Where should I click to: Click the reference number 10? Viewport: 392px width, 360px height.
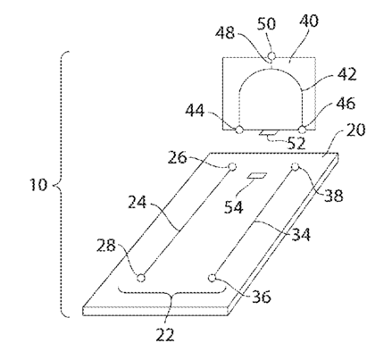(x=38, y=185)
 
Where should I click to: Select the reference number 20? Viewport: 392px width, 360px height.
(x=355, y=130)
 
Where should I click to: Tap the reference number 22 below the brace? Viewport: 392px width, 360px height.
(x=165, y=334)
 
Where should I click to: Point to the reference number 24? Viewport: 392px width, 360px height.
(x=138, y=202)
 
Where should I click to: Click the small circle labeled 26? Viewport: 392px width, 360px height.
(x=232, y=167)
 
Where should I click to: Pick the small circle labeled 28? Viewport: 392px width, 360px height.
(x=141, y=278)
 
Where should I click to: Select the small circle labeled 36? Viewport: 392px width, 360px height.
(x=212, y=278)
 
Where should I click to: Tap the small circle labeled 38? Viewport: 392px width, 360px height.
(x=295, y=167)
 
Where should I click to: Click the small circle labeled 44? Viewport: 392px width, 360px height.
(x=239, y=130)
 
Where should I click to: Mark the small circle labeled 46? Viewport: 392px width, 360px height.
(x=302, y=130)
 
